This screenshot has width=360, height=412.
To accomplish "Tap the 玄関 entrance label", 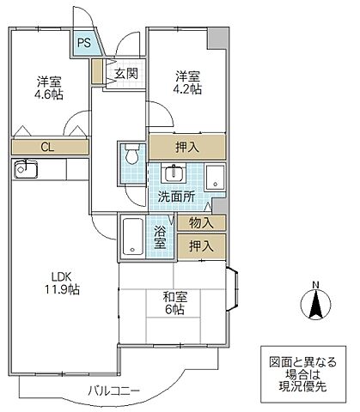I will [x=125, y=74].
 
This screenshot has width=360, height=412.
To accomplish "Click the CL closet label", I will [x=49, y=148].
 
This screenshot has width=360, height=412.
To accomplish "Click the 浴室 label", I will [x=161, y=237].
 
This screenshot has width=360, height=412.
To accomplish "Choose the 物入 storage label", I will [x=202, y=223].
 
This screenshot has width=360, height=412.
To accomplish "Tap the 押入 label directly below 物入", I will [x=202, y=247].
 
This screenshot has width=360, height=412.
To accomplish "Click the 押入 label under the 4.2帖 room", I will [x=188, y=146].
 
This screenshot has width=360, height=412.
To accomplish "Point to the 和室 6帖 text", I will [x=176, y=304].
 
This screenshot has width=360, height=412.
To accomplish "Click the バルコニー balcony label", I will [x=113, y=391].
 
